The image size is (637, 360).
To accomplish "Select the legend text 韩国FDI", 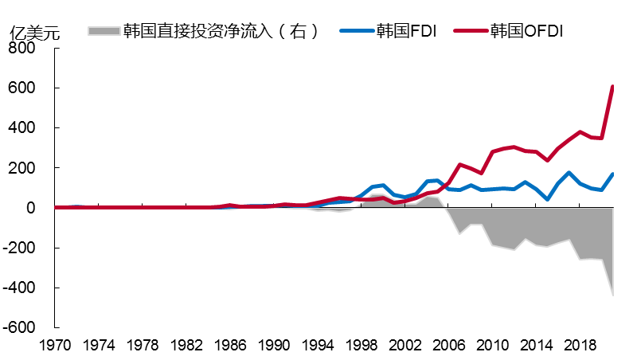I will tap(406, 31).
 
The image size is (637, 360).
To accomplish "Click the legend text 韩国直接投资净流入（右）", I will tap(221, 31).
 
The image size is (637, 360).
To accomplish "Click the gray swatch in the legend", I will tap(103, 31).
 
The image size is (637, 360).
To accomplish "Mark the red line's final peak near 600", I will tap(612, 86).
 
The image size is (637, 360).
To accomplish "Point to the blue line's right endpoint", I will tap(612, 174).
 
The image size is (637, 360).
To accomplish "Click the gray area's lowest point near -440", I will tap(612, 295).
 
